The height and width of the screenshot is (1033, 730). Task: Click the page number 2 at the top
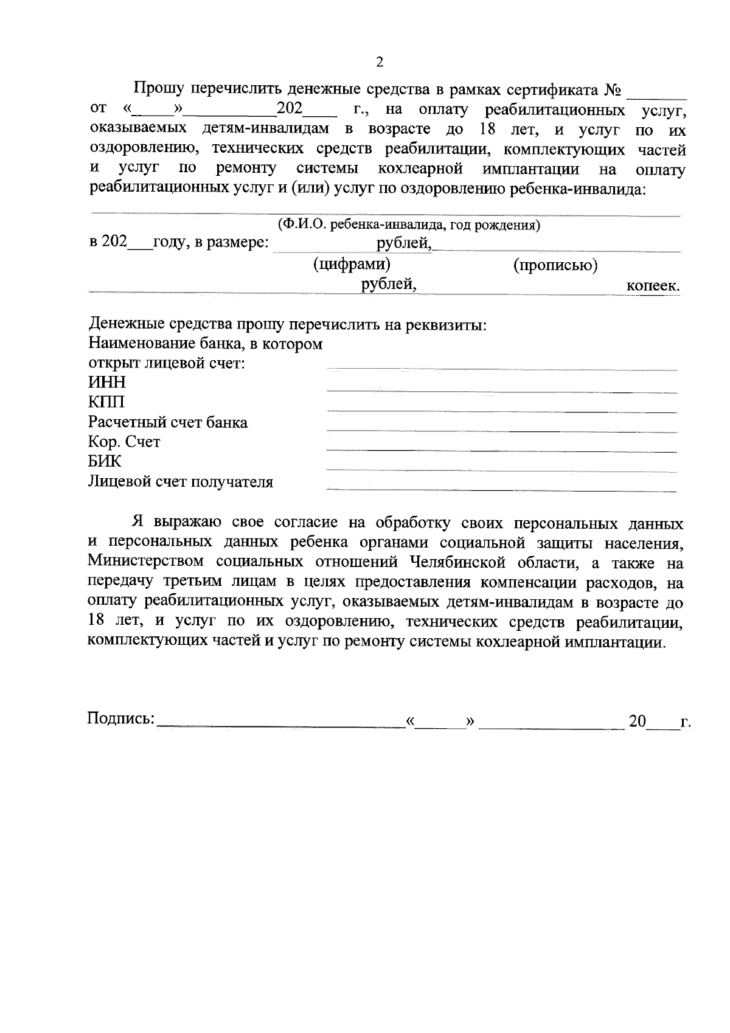[x=380, y=62]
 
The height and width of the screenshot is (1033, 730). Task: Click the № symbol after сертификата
[x=613, y=91]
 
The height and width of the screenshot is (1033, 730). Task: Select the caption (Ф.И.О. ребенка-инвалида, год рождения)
[x=409, y=225]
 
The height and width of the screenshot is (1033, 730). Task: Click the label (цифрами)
[x=352, y=265]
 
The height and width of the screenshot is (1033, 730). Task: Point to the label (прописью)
[x=555, y=265]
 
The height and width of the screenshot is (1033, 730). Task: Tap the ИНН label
[x=107, y=382]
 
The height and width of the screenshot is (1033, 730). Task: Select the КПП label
[x=106, y=402]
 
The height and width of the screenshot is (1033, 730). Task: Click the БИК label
[x=105, y=462]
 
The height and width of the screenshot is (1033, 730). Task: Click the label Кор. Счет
[x=124, y=442]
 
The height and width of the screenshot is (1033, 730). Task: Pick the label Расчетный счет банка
[x=168, y=422]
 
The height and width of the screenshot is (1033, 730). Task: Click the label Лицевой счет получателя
[x=181, y=482]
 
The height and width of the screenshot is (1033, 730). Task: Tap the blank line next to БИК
[x=502, y=470]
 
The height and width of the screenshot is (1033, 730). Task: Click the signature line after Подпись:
[x=280, y=725]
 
